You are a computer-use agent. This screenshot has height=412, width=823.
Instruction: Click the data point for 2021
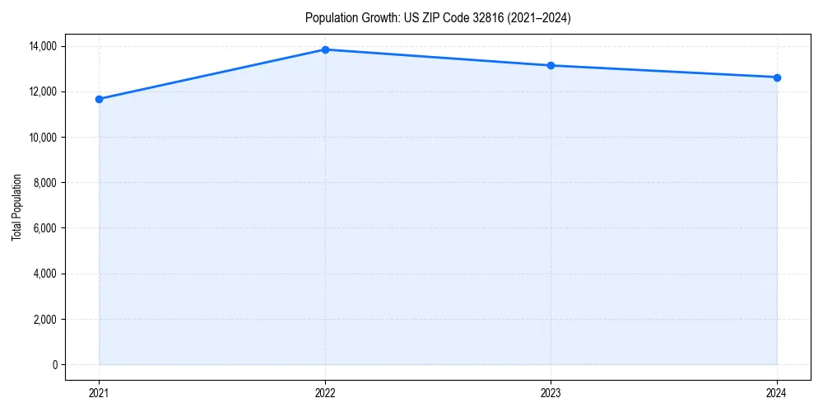tap(99, 99)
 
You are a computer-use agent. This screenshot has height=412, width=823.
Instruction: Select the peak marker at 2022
tap(325, 49)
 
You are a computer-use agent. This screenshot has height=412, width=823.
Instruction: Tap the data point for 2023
tap(551, 65)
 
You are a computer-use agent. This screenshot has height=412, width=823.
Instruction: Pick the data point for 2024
tap(777, 77)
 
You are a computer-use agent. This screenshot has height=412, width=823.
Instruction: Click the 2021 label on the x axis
tap(99, 392)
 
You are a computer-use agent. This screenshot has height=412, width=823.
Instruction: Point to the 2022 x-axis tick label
tap(325, 392)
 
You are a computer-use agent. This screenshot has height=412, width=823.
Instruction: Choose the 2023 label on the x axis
tap(551, 392)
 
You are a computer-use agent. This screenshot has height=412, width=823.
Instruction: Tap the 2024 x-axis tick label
tap(777, 392)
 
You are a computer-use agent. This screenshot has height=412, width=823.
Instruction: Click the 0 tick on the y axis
tap(54, 365)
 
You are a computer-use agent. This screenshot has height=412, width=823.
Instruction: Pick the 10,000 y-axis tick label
tap(42, 138)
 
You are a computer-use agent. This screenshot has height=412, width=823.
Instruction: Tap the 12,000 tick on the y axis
tap(42, 91)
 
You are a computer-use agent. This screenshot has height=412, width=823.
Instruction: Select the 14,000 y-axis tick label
tap(42, 46)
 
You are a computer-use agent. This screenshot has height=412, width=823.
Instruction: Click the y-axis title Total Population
tap(16, 207)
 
